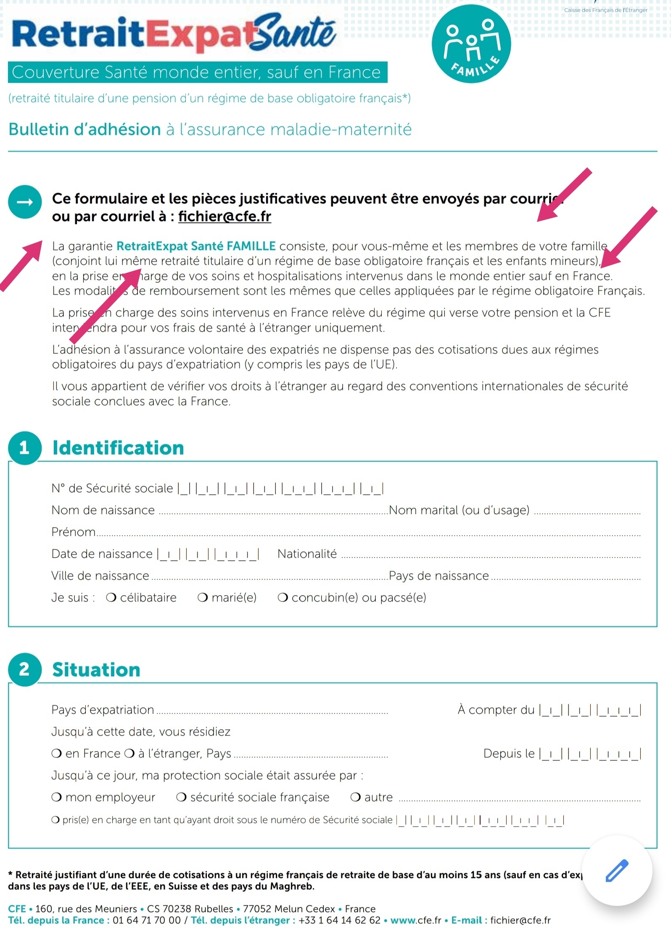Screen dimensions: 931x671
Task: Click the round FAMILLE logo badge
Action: point(471,44)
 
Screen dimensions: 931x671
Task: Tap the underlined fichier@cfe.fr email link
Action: point(225,216)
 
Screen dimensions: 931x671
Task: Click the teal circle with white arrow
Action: point(25,202)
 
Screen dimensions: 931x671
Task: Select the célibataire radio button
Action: point(111,597)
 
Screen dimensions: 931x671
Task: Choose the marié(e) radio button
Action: point(203,597)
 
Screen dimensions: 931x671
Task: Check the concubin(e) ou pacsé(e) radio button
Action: point(283,597)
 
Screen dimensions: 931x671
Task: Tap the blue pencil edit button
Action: point(616,870)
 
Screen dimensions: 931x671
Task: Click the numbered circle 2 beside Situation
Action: point(24,669)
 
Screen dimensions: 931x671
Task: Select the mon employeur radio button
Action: point(56,797)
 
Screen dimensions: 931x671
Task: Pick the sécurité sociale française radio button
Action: point(181,797)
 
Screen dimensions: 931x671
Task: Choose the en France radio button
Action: point(56,753)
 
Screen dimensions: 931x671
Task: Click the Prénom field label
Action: point(74,532)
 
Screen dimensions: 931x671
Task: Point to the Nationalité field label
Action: point(307,554)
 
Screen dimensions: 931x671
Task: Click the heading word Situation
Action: point(96,670)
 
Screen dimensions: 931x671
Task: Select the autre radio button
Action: point(355,797)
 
